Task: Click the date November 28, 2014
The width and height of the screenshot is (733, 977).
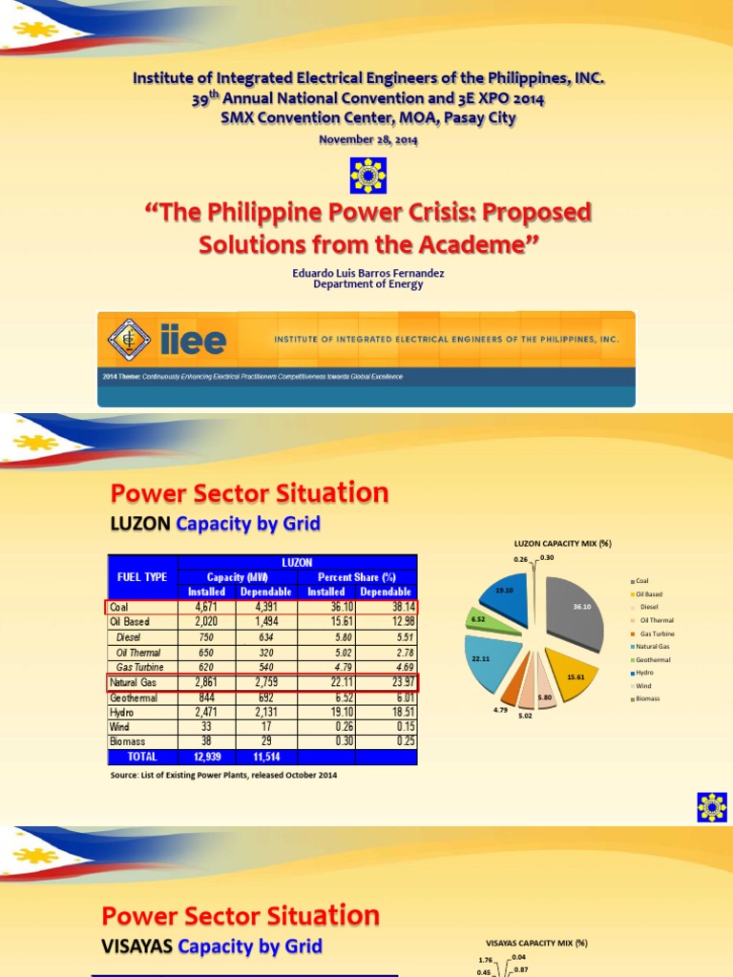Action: coord(367,139)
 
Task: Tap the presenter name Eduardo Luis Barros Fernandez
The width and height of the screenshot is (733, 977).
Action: coord(367,273)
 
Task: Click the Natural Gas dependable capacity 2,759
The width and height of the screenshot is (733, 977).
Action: coord(267,682)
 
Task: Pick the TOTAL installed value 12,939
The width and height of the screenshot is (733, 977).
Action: coord(207,757)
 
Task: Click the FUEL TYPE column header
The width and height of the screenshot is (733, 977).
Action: coord(141,577)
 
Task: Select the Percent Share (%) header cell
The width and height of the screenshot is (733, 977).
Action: coord(358,577)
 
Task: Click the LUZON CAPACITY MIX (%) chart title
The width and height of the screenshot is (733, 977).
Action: coord(562,543)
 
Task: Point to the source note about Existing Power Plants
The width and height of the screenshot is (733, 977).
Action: coord(223,775)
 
